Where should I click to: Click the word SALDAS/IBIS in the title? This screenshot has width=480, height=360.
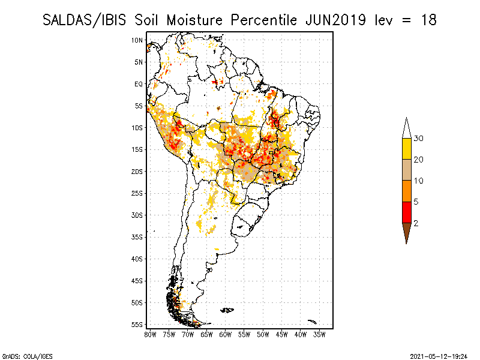(x=84, y=20)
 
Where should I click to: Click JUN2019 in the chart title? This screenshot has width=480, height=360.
(x=335, y=20)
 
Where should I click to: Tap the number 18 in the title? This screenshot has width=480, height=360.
(x=428, y=20)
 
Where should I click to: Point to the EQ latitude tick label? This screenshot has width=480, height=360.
(x=139, y=84)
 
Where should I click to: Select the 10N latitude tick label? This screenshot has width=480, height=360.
(x=137, y=40)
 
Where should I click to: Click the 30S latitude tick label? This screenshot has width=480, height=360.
(x=137, y=215)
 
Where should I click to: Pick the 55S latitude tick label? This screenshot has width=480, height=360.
(x=137, y=325)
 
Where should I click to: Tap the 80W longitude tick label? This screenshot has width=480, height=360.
(x=151, y=335)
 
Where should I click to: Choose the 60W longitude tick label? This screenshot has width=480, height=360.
(x=226, y=335)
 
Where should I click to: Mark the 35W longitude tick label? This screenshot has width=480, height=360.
(x=319, y=335)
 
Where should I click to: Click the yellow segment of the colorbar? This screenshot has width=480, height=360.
(x=407, y=149)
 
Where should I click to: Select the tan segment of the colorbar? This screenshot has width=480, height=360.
(x=407, y=170)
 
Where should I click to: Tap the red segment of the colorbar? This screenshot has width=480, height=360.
(x=407, y=212)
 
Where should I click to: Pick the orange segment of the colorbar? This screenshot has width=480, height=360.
(x=407, y=191)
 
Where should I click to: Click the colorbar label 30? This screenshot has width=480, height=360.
(x=418, y=139)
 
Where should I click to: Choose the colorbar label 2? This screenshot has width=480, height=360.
(x=416, y=223)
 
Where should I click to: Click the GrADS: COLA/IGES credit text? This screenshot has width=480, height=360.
(x=27, y=356)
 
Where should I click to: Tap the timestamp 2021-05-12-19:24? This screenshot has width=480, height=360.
(x=439, y=356)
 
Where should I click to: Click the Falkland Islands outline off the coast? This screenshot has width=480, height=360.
(x=227, y=310)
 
